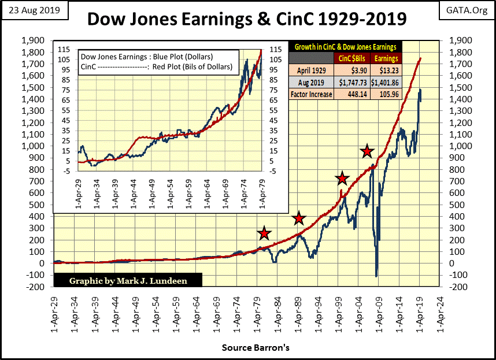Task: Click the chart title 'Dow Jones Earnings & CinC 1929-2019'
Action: click(x=246, y=20)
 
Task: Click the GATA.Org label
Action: click(x=467, y=10)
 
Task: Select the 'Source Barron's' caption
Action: click(x=255, y=348)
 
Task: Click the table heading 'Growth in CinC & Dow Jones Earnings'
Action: click(x=346, y=47)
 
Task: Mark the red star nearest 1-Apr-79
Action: click(x=264, y=233)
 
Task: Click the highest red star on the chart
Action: click(x=366, y=151)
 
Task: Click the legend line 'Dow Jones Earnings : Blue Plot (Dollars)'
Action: click(x=147, y=57)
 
